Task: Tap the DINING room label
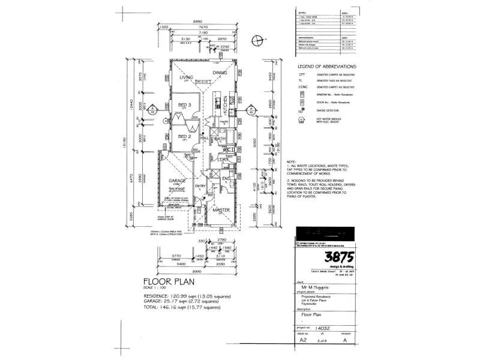point(221,74)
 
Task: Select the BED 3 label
point(185,104)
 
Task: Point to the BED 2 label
point(185,136)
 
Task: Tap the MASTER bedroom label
point(220,210)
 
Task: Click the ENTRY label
point(200,185)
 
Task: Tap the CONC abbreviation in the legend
point(302,87)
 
